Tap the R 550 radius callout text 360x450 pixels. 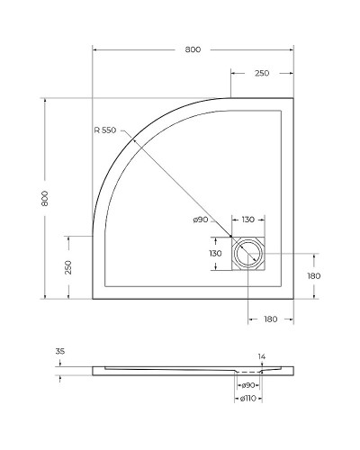(104, 130)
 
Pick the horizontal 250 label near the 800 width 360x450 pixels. (262, 73)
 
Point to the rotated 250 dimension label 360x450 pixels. (67, 267)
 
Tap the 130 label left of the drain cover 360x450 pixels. (215, 254)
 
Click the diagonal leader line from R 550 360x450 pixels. (180, 191)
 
